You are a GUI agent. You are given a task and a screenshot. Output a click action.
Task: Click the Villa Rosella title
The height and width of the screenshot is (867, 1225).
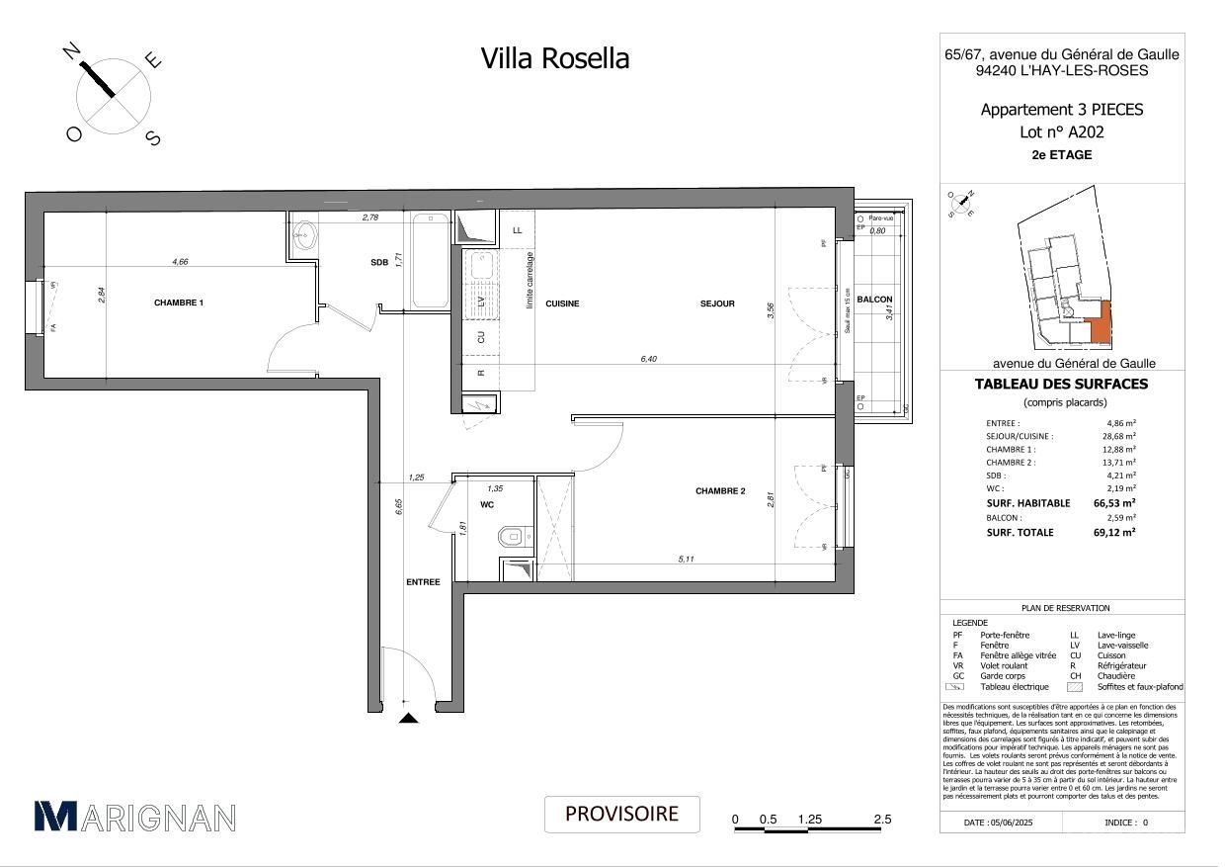coord(554,58)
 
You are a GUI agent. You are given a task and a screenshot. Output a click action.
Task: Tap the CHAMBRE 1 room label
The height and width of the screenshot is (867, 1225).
coord(178,303)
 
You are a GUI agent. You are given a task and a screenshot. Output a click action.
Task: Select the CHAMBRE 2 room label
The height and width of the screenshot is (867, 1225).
coord(719,491)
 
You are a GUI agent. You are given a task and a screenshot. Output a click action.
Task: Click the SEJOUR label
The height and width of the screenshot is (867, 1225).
coord(717,303)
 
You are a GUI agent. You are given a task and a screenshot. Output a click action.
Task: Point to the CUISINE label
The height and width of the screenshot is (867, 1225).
coord(562,303)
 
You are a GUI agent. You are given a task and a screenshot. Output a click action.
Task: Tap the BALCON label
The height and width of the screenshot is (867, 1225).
coord(874,300)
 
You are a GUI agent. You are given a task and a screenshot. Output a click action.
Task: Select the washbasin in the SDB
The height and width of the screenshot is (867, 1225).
coord(304,235)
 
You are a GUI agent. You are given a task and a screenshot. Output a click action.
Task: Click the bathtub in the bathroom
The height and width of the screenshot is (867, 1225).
coord(430,261)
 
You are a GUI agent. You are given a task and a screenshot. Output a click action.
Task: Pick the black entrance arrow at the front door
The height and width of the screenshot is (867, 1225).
coord(406,719)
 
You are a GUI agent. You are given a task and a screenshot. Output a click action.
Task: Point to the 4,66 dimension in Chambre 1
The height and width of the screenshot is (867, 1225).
coord(180,262)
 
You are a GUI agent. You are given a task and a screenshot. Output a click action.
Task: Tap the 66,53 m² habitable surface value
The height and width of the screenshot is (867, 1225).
coord(1113,503)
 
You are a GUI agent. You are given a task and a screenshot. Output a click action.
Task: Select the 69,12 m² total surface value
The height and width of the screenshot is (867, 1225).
coord(1113,532)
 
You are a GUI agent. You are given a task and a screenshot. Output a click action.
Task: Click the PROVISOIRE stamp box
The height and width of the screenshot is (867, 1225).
coord(621,814)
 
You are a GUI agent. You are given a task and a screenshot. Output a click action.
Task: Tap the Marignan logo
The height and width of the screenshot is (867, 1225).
coord(134,816)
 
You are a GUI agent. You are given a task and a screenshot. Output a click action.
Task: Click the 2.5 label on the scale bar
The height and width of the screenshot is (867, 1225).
coord(882,820)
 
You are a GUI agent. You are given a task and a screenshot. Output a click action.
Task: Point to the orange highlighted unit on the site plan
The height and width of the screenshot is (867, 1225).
coord(1099,324)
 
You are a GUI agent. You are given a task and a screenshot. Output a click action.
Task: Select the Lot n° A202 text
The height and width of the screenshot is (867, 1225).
coord(1061,131)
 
